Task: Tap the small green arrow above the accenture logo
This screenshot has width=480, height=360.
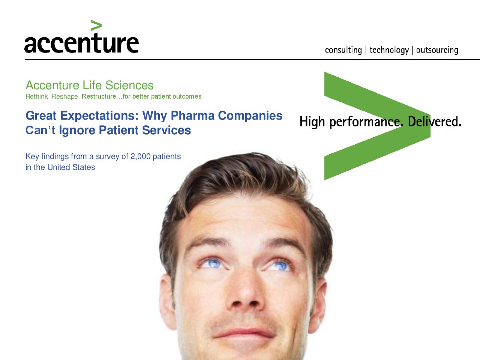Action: pyautogui.click(x=96, y=25)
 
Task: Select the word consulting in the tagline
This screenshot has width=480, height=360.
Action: pyautogui.click(x=343, y=50)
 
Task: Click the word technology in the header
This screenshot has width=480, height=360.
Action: pyautogui.click(x=389, y=50)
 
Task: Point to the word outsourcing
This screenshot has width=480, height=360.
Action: pyautogui.click(x=437, y=50)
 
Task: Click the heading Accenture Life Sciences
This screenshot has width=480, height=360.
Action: pyautogui.click(x=90, y=85)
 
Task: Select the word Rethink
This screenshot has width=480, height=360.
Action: pyautogui.click(x=36, y=96)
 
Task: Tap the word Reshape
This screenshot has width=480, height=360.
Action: pyautogui.click(x=64, y=96)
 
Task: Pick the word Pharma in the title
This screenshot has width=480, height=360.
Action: pyautogui.click(x=192, y=115)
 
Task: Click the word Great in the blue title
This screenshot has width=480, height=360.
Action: pyautogui.click(x=41, y=115)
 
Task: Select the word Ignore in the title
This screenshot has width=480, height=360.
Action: pyautogui.click(x=77, y=130)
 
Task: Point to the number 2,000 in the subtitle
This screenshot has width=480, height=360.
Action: pyautogui.click(x=140, y=156)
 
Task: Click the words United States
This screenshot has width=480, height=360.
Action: pyautogui.click(x=71, y=167)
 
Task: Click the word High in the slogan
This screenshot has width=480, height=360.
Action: pyautogui.click(x=312, y=122)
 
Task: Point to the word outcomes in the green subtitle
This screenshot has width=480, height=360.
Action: pyautogui.click(x=187, y=96)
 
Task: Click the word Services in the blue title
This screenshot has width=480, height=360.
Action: pyautogui.click(x=166, y=130)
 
